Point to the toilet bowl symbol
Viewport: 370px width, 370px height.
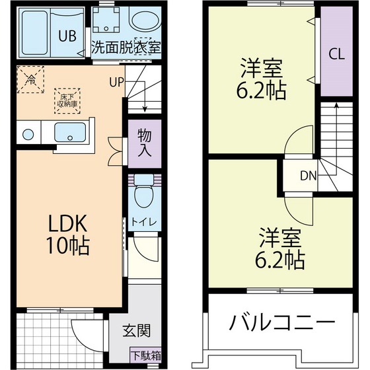pos(143,196)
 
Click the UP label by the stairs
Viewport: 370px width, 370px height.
pos(116,82)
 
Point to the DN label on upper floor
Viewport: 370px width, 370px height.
pos(309,176)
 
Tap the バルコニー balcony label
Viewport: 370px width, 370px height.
pos(281,323)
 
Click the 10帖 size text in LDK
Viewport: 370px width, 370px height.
pos(67,246)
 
